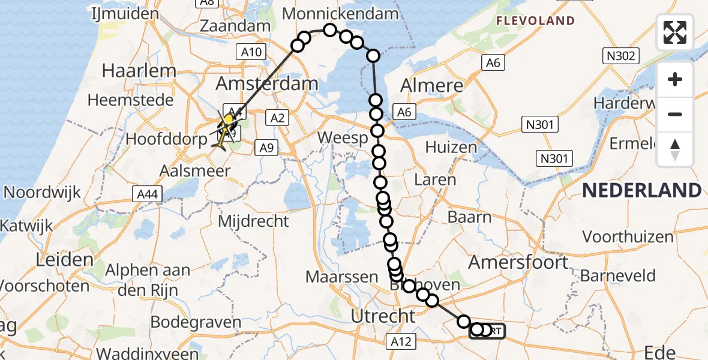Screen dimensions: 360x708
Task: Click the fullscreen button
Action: tap(675, 32)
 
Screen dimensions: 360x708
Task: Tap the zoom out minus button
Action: tap(675, 114)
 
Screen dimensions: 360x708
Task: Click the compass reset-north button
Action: tap(675, 149)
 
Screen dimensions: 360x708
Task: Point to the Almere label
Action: tap(431, 85)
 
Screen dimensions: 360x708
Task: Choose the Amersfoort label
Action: tap(518, 262)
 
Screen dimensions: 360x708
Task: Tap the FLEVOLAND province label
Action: tap(535, 21)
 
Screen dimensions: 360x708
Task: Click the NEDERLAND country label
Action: tap(641, 191)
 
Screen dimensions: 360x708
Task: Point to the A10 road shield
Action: tap(251, 52)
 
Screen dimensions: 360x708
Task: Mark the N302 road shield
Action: tap(620, 56)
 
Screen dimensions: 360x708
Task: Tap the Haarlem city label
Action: tap(139, 70)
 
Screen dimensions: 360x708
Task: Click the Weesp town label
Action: tap(341, 137)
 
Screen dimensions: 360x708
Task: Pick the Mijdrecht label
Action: tap(253, 221)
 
